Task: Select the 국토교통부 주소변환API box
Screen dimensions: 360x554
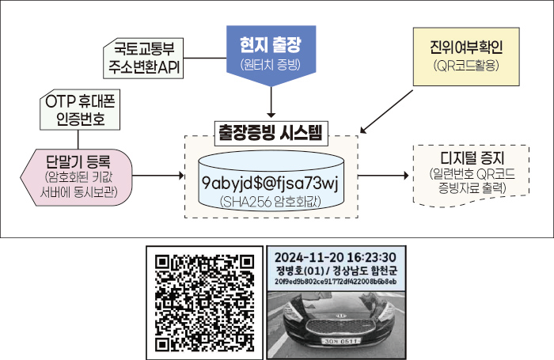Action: click(143, 59)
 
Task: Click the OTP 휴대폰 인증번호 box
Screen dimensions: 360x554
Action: click(82, 111)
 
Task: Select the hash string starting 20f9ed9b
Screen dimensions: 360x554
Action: click(336, 282)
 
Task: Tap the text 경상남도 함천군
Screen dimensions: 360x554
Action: click(365, 269)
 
